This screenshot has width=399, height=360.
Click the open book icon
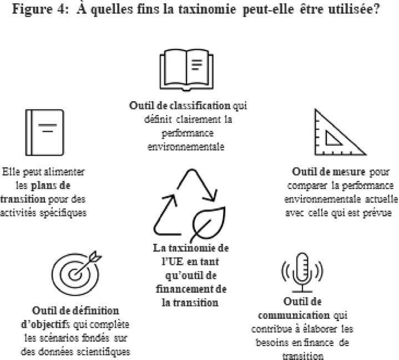(x=186, y=70)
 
